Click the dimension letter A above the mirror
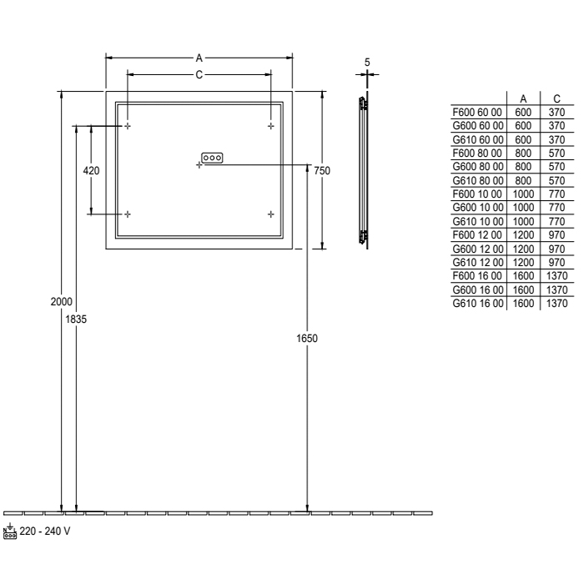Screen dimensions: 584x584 pyautogui.click(x=199, y=58)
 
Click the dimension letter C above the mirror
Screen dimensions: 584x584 pyautogui.click(x=199, y=75)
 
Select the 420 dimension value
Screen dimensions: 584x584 pyautogui.click(x=91, y=171)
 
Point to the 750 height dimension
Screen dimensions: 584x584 pyautogui.click(x=322, y=170)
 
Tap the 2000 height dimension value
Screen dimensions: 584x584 pyautogui.click(x=62, y=301)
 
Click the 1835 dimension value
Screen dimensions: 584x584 pyautogui.click(x=76, y=320)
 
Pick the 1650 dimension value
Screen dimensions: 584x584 pyautogui.click(x=307, y=338)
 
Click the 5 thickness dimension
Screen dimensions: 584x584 pyautogui.click(x=367, y=63)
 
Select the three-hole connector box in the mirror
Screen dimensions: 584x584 pyautogui.click(x=212, y=158)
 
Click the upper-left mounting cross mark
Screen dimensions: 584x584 pyautogui.click(x=128, y=126)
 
